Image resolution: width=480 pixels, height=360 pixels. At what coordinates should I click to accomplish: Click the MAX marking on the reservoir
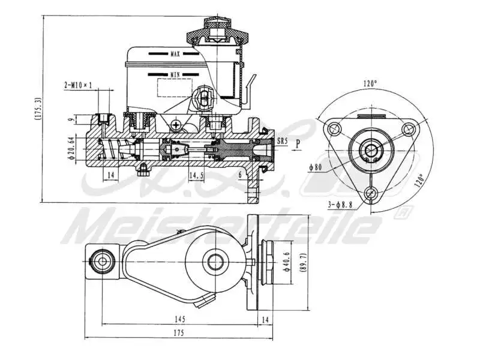click(175, 54)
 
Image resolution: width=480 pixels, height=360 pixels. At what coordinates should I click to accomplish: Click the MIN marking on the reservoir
click(175, 74)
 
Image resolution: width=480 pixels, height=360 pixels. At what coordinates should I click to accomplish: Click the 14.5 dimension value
click(196, 175)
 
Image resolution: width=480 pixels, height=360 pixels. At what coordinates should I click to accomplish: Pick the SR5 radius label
click(281, 142)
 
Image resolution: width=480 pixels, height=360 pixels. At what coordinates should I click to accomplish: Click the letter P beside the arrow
click(298, 143)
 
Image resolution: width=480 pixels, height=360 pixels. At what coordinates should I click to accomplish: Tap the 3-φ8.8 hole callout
click(340, 205)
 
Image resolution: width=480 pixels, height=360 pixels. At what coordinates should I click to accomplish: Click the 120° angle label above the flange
click(370, 83)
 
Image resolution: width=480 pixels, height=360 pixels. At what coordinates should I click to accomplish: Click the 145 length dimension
click(180, 319)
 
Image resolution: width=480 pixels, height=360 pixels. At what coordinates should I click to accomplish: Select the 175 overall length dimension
click(179, 332)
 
